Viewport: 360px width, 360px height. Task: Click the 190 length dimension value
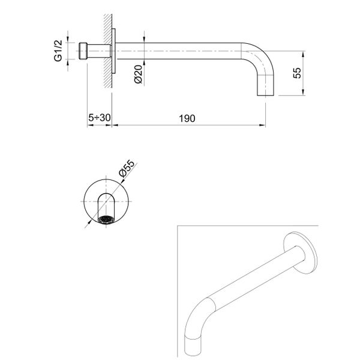tap(187, 118)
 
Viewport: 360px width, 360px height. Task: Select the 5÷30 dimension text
tap(98, 118)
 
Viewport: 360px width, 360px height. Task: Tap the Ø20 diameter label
tap(137, 73)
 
